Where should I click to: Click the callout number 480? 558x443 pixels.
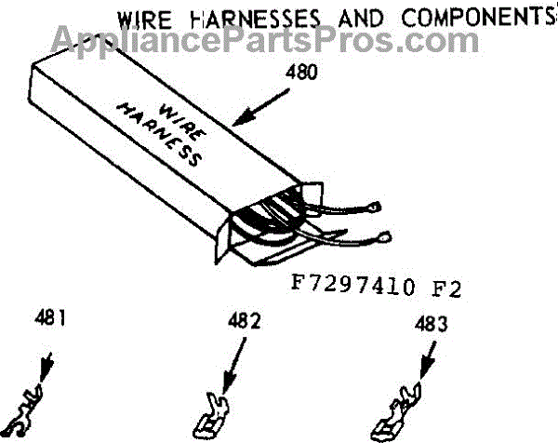click(301, 73)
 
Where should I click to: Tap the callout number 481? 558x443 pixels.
click(50, 317)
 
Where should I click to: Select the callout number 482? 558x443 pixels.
click(244, 320)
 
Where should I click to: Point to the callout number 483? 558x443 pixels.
click(431, 324)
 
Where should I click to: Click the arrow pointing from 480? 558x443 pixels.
click(260, 108)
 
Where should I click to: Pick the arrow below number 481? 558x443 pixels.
click(46, 368)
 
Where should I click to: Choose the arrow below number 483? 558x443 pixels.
click(428, 359)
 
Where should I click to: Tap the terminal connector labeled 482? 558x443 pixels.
click(211, 416)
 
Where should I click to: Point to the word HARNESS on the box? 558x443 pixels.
click(159, 135)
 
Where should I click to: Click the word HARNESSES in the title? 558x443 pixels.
click(255, 19)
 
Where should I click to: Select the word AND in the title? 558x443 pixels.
click(361, 18)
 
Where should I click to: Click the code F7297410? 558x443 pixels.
click(353, 285)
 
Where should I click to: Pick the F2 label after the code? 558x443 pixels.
click(446, 289)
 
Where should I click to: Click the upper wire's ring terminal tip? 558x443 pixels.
click(376, 207)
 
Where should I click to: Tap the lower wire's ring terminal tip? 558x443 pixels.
click(385, 236)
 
